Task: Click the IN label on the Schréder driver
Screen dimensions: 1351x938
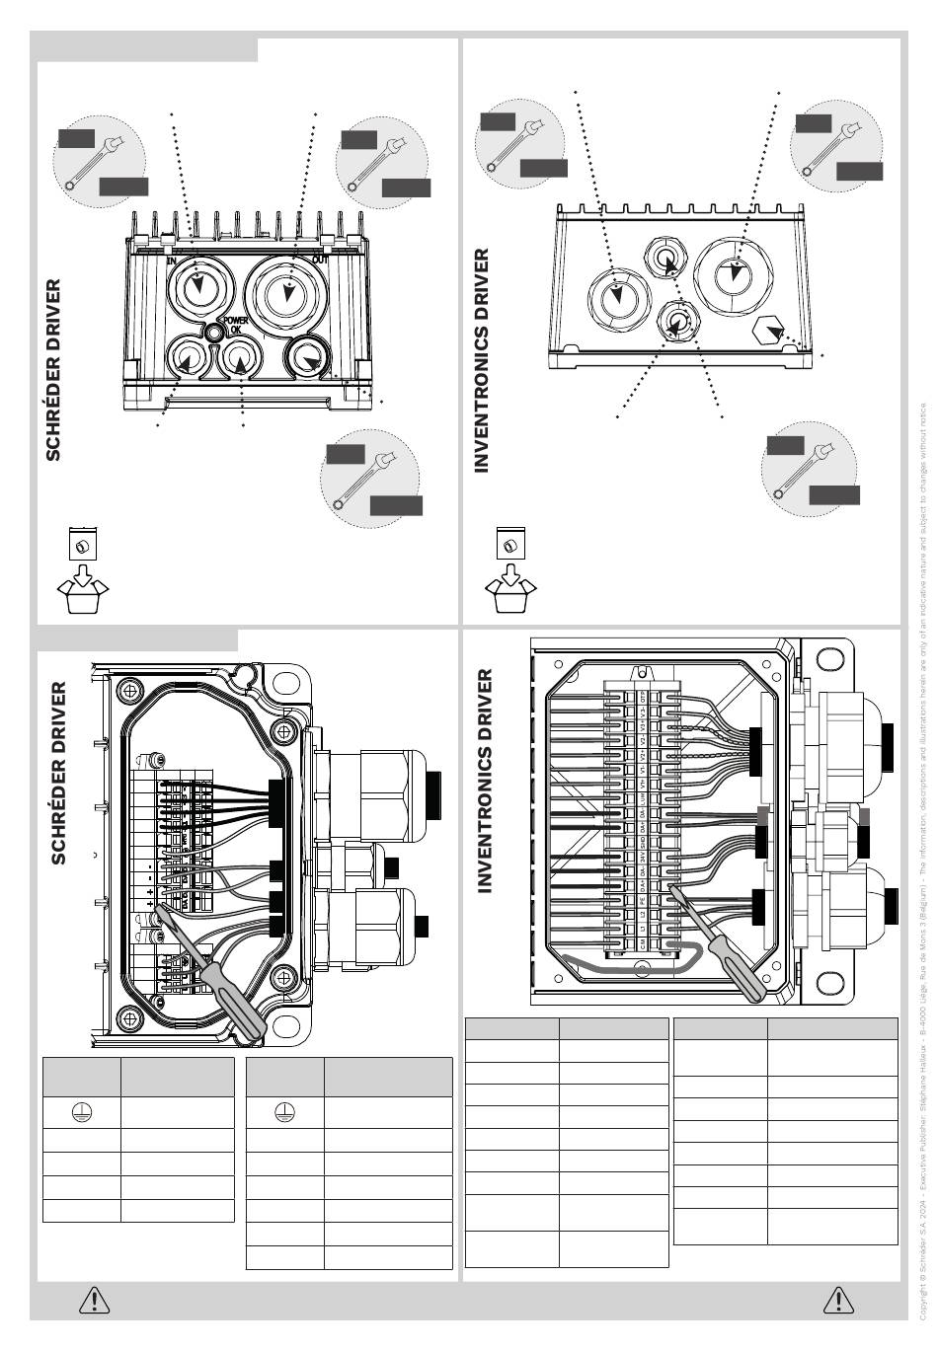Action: [171, 261]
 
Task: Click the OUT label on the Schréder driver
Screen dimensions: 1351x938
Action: [320, 260]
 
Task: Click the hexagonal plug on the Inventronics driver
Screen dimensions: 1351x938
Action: [768, 331]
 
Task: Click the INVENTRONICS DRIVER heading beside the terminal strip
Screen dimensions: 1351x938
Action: [484, 781]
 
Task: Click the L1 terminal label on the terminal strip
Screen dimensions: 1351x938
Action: [644, 930]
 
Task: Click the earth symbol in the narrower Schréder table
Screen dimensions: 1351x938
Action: [82, 1111]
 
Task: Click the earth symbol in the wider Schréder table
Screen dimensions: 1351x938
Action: [284, 1111]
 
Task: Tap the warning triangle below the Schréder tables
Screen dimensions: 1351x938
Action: [94, 1300]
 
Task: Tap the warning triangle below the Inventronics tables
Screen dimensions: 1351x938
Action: [837, 1300]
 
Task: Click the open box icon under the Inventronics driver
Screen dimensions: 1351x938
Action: [510, 588]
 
